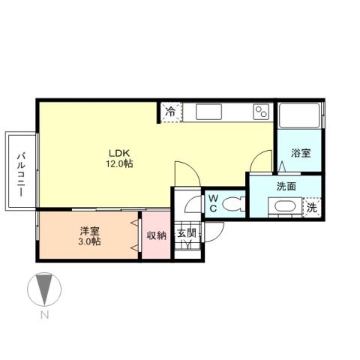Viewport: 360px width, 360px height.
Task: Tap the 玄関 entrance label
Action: click(186, 233)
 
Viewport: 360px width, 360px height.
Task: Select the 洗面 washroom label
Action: click(286, 186)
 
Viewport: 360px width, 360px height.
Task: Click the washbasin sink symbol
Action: click(286, 208)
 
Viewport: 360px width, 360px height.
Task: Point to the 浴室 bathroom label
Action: click(301, 152)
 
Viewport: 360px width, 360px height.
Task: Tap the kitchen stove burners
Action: click(261, 112)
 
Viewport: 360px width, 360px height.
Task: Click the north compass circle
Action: click(43, 289)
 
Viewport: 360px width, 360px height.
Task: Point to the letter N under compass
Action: click(44, 316)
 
